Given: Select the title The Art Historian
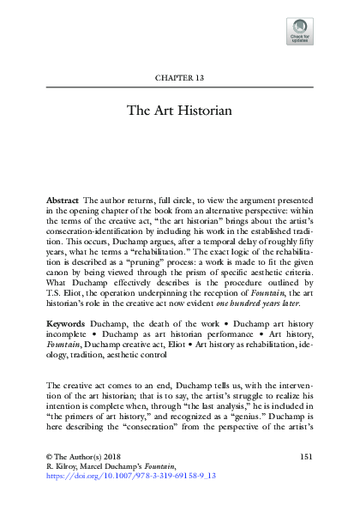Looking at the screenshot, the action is click(x=179, y=111).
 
